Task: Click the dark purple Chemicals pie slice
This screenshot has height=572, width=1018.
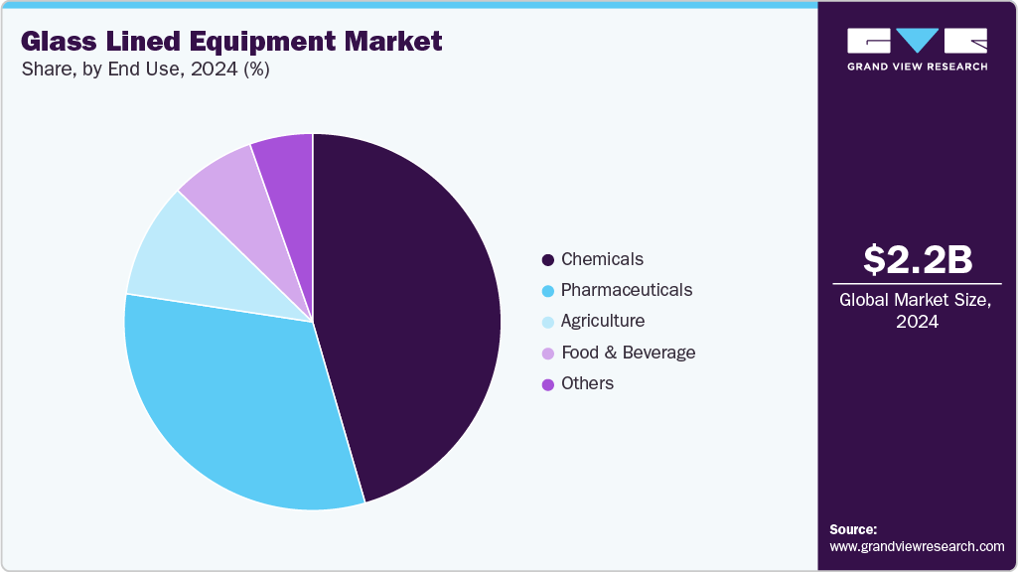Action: [417, 318]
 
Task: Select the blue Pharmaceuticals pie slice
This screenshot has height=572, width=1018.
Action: [228, 397]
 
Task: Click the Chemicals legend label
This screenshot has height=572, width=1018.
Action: [602, 259]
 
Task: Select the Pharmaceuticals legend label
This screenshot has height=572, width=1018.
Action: [626, 290]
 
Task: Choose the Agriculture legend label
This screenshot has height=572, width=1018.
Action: [602, 321]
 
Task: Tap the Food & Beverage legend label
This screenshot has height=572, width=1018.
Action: [628, 353]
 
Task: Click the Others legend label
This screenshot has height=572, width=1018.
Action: [587, 383]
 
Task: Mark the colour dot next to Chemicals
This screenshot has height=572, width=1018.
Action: [547, 260]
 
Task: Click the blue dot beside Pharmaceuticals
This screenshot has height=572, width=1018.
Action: [547, 291]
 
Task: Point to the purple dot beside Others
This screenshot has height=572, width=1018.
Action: [547, 384]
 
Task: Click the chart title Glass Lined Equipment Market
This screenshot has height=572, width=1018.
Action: [231, 42]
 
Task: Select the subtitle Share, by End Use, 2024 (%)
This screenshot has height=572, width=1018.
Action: [145, 70]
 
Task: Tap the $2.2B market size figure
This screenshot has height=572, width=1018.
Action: [917, 259]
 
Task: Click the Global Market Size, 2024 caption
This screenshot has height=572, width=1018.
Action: [917, 310]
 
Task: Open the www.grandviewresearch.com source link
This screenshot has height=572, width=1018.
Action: [917, 546]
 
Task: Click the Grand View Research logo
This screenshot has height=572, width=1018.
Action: [917, 49]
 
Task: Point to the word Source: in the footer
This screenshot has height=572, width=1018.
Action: [853, 529]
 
